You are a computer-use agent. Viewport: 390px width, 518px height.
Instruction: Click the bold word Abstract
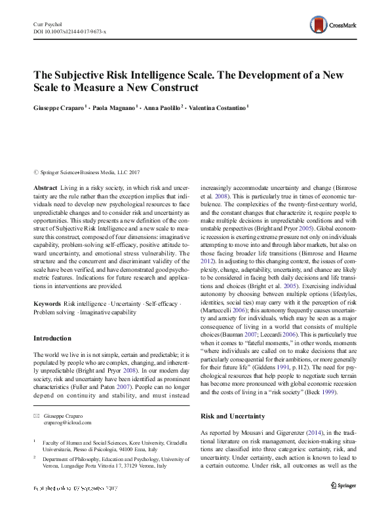[x=45, y=188]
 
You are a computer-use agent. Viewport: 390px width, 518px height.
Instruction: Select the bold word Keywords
[x=47, y=305]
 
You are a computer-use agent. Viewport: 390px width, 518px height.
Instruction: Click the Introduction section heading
[x=52, y=339]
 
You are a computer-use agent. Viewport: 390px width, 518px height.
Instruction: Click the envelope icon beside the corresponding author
[x=36, y=416]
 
